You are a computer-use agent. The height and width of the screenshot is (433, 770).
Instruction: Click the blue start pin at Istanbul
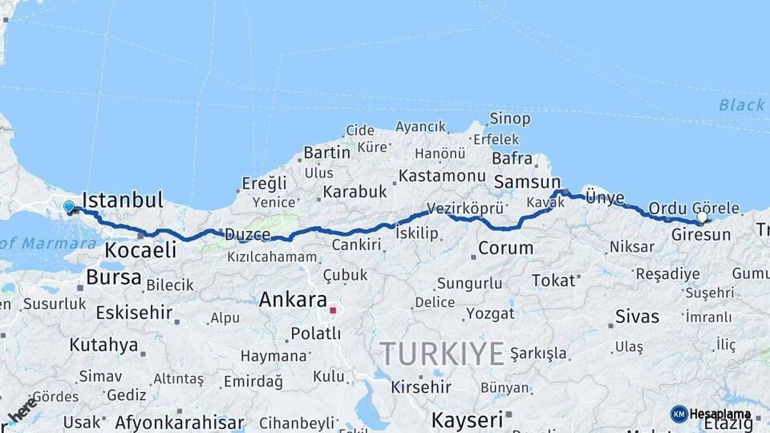(69, 207)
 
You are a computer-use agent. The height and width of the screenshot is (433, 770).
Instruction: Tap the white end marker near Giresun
(703, 216)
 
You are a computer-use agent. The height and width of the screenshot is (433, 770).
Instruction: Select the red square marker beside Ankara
(333, 310)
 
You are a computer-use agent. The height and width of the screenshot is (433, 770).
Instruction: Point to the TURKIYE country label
(442, 353)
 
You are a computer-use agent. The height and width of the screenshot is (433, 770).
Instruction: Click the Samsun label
(526, 182)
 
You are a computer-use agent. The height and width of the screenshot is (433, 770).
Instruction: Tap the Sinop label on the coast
(510, 119)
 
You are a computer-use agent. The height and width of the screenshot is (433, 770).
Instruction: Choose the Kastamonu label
(442, 176)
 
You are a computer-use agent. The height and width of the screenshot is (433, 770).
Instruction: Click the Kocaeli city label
(140, 249)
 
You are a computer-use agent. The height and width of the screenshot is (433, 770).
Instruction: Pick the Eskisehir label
(134, 312)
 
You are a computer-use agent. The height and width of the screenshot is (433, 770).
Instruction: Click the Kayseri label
(467, 419)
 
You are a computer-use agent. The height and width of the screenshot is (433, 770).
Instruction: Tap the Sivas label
(637, 316)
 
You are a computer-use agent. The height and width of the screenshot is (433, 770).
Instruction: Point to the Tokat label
(553, 280)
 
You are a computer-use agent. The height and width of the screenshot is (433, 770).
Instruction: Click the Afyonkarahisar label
(179, 422)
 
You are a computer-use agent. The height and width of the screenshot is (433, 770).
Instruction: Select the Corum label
(505, 248)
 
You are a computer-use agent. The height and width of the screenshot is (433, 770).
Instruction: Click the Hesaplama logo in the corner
(711, 414)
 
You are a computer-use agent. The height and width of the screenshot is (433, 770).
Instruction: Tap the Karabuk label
(355, 192)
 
